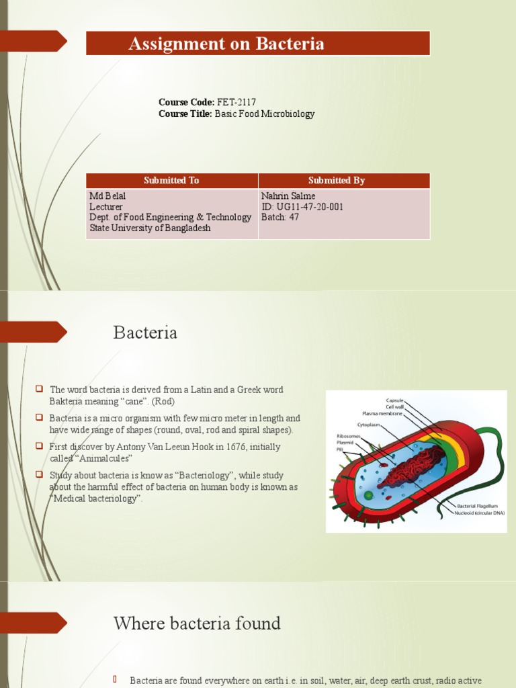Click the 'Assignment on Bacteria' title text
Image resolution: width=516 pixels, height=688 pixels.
(x=226, y=44)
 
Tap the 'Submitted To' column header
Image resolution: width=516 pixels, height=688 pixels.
(x=171, y=180)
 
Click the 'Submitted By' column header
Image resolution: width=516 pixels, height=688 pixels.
(x=336, y=180)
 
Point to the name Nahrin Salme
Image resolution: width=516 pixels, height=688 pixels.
(x=288, y=196)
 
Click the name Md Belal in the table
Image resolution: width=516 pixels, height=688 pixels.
(x=107, y=196)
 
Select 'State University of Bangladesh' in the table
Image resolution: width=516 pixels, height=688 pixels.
(x=150, y=228)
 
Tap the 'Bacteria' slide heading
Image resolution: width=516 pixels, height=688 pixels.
(x=145, y=333)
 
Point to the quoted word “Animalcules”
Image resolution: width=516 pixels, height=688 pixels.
(x=91, y=458)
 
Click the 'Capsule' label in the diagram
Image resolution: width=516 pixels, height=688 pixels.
(x=394, y=400)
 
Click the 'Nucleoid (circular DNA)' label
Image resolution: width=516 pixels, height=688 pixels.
(x=480, y=513)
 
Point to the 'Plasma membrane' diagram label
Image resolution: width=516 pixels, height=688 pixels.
(x=383, y=413)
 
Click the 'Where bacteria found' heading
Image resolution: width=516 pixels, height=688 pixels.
(x=197, y=623)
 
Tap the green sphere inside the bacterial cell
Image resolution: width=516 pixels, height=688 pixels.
(x=368, y=495)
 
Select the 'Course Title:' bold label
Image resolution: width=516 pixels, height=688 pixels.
(x=185, y=114)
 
